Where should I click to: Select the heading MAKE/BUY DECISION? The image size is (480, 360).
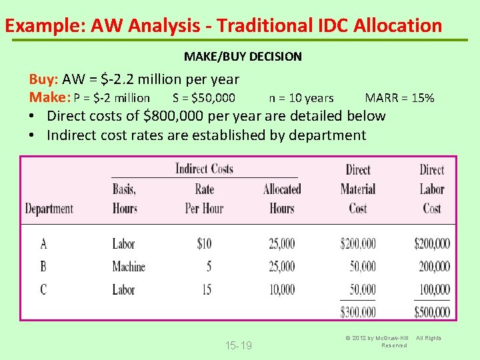click(243, 57)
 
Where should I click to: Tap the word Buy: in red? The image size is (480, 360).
click(44, 79)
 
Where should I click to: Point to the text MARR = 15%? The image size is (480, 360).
click(399, 98)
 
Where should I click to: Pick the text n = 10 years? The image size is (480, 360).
click(301, 98)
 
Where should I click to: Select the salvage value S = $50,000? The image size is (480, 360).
click(203, 98)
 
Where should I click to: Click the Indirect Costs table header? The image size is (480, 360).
click(204, 169)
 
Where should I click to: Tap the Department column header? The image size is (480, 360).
click(49, 209)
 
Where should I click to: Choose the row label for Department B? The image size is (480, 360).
click(43, 267)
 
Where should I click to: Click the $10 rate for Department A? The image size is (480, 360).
click(204, 244)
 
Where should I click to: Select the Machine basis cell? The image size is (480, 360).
click(129, 267)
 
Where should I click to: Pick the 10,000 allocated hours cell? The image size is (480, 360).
click(281, 289)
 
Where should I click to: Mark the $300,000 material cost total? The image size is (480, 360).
click(358, 311)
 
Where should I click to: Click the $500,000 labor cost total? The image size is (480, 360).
click(431, 311)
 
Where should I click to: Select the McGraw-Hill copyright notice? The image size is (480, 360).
click(391, 341)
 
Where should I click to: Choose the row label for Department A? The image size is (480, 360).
click(43, 244)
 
